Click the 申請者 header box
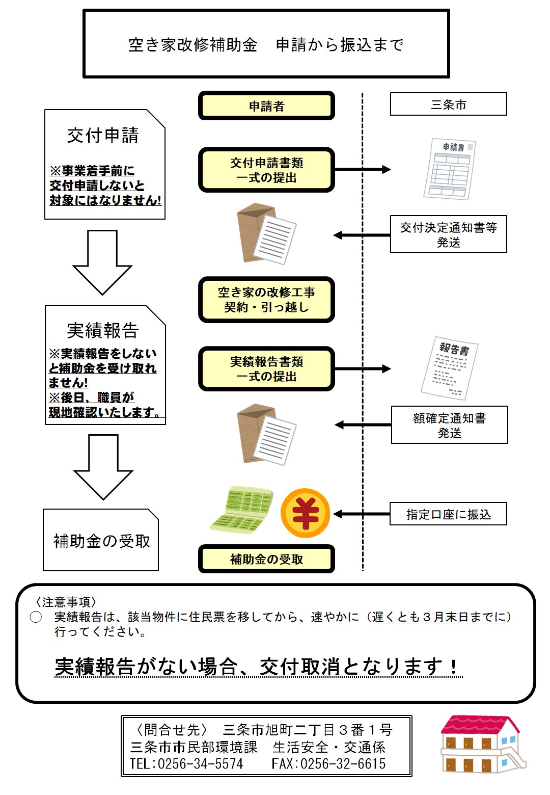coord(266,106)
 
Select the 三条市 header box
coord(448,104)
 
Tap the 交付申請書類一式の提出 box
coord(266,170)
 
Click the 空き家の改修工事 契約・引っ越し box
coord(266,300)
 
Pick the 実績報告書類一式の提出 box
coord(266,369)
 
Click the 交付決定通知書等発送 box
coord(448,234)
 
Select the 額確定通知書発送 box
coord(449,425)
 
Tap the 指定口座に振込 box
coord(448,514)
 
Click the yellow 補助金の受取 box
coord(266,559)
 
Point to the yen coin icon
coord(305,513)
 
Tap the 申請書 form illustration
coord(450,169)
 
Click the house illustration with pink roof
coord(481,745)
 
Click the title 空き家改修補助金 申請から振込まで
coord(266,45)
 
